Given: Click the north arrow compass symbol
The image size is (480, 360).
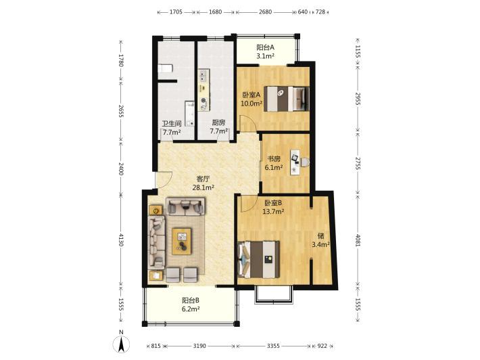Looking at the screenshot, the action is pos(121,344).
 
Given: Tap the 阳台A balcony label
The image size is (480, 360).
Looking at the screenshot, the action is pos(265,47).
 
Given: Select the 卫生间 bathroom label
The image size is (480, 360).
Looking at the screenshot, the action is pos(172,123).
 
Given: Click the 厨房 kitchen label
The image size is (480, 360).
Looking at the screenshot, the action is pos(218,122).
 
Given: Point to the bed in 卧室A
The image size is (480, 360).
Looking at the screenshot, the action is pos(286,99).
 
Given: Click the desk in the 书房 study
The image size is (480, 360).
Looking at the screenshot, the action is pos(295,162).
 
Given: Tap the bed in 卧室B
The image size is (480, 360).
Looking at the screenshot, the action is pos(259,259).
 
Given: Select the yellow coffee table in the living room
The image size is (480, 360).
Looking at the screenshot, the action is pos(182,241).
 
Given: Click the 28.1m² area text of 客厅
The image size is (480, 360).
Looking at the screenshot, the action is pos(203,187).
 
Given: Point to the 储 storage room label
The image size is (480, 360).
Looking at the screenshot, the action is pos(321,236).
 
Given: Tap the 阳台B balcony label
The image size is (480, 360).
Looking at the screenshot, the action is pos(191,300).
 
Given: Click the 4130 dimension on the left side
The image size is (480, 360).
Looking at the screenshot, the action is pos(121,240).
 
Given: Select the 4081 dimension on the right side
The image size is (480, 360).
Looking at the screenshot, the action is pos(358,240).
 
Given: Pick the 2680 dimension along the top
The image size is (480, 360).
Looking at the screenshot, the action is pos(265,12).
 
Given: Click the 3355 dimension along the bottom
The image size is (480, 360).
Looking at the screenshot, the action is pos(273,346).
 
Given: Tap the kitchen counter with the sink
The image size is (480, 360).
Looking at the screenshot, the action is pos(204,90).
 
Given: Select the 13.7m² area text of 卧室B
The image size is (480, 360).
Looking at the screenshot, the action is pos(273,211).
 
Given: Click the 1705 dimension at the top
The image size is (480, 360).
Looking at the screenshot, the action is pos(176,12).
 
